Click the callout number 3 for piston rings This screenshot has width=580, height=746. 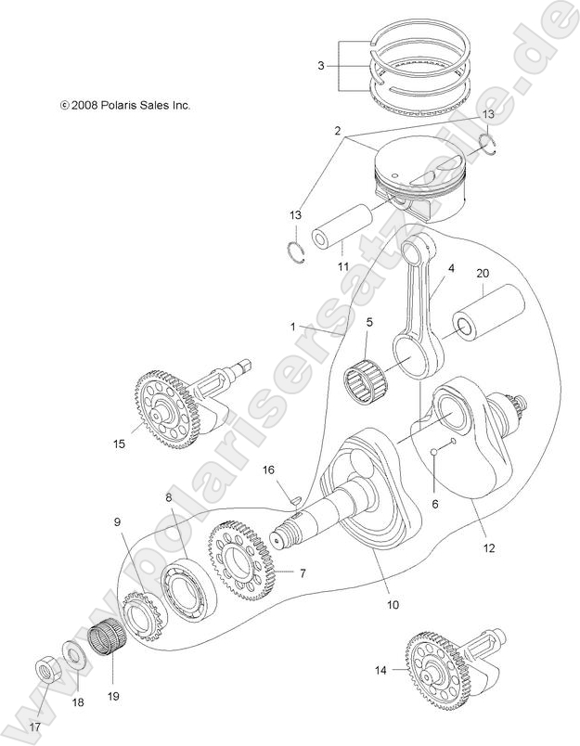(320, 66)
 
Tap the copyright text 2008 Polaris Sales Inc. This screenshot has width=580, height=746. (125, 107)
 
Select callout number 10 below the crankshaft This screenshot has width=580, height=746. (393, 604)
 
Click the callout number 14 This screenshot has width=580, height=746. (380, 667)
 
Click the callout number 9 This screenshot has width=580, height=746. (118, 523)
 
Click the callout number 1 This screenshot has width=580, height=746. (292, 328)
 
